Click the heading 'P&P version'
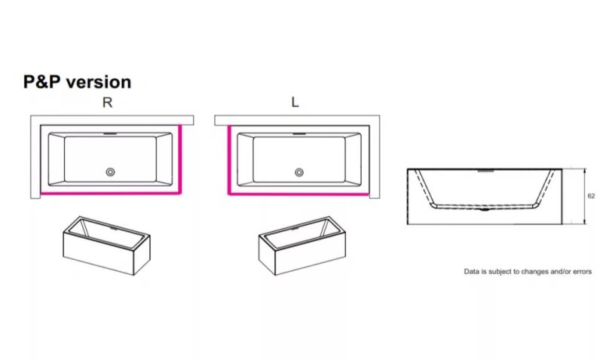77,82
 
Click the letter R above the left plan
107,102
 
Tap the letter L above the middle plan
295,102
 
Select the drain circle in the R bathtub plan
110,172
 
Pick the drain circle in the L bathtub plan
299,172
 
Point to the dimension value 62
591,196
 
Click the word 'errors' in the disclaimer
582,272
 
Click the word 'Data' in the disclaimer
472,272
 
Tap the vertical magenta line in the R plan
180,159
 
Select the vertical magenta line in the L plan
229,160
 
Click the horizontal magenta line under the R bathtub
110,193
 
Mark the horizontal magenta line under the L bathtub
298,194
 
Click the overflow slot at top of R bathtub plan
110,134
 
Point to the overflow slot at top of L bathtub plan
299,134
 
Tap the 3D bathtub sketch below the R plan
106,246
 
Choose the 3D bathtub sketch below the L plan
302,246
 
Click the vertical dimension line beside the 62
585,197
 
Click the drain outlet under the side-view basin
485,209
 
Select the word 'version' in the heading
99,82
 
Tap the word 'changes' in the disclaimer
535,272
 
